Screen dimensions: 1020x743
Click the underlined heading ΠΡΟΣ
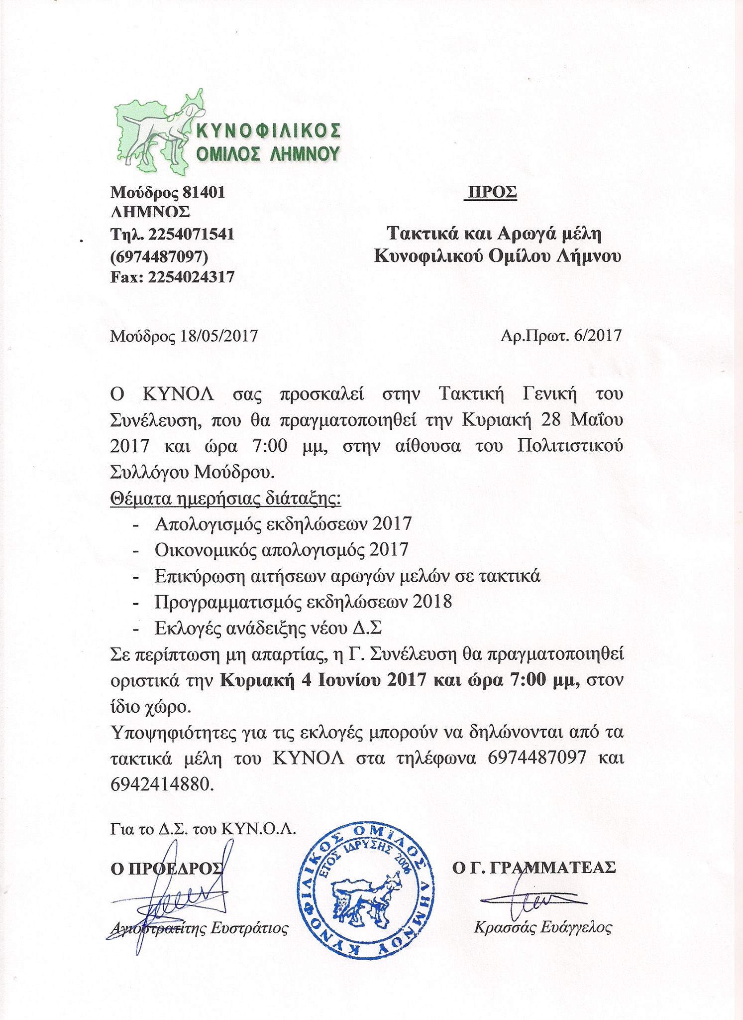tap(491, 192)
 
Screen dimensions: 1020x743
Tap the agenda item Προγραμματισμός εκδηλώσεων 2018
tap(303, 602)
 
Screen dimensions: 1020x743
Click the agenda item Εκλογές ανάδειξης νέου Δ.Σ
tap(268, 628)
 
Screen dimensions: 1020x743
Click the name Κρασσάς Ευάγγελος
tap(542, 927)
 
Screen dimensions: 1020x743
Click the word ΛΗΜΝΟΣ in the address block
tap(150, 213)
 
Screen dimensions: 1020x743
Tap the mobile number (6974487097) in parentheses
tap(159, 255)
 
